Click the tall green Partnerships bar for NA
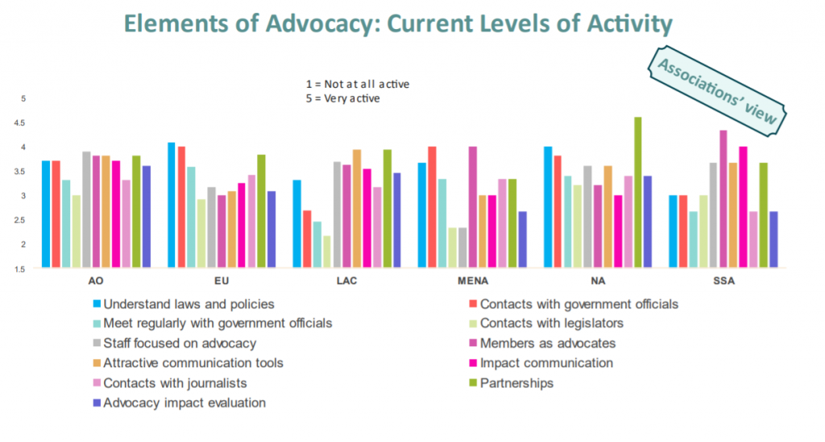(638, 192)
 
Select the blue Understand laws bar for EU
(171, 204)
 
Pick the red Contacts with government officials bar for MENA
(433, 207)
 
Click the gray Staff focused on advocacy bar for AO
(86, 209)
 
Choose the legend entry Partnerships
(516, 382)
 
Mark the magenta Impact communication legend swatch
(472, 363)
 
